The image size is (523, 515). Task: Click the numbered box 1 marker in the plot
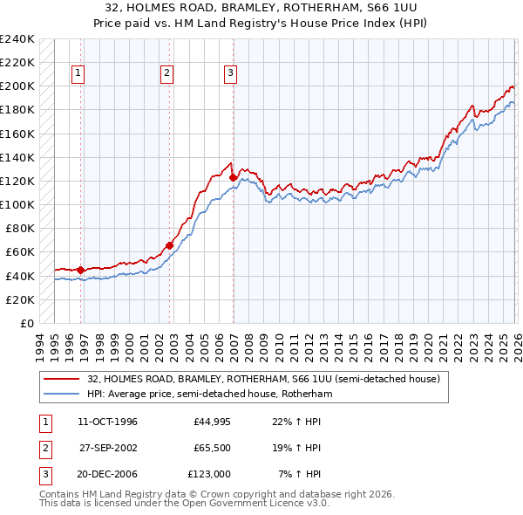78,74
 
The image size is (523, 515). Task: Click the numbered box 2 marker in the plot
166,74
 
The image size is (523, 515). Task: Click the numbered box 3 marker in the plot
231,74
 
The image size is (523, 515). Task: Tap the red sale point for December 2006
233,177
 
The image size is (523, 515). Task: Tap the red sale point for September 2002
169,245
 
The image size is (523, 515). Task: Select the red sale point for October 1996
80,270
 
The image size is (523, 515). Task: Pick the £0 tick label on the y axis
26,323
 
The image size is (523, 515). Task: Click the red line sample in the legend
62,380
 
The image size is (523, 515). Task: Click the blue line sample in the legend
62,395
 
